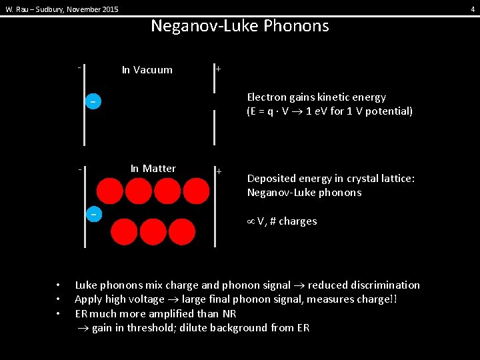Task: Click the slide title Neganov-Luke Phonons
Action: (239, 26)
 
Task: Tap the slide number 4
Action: (473, 9)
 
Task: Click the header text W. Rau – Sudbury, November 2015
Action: (62, 9)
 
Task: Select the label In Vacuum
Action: (147, 70)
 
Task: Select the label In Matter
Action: (153, 169)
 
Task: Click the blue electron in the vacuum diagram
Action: (93, 102)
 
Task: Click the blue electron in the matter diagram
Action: (95, 214)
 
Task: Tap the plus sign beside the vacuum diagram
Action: (219, 69)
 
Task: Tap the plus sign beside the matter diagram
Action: (219, 172)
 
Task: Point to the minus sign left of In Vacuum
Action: (79, 68)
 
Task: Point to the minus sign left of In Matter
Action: (79, 169)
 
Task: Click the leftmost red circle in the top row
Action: (109, 191)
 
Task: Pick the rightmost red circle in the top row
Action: (197, 191)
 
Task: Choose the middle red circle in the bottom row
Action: (153, 232)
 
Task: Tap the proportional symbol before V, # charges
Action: (251, 221)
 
